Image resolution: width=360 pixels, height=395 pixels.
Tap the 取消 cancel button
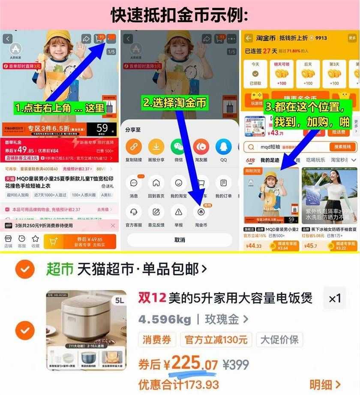coord(180,240)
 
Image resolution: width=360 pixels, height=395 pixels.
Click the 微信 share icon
coord(178,147)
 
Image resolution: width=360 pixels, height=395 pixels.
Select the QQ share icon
coord(223,147)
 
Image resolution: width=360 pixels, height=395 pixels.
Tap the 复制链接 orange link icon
coord(134,147)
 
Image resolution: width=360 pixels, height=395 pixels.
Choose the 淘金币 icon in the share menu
coord(201,212)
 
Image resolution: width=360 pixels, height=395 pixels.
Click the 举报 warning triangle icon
coord(178,212)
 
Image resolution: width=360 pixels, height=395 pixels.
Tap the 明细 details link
coord(325,384)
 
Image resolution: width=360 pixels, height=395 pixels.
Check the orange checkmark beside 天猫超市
coord(25,269)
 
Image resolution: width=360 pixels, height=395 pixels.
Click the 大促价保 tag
coord(279,340)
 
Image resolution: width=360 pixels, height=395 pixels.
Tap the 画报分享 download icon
coord(156,147)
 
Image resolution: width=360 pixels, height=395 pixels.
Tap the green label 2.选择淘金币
coord(175,103)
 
